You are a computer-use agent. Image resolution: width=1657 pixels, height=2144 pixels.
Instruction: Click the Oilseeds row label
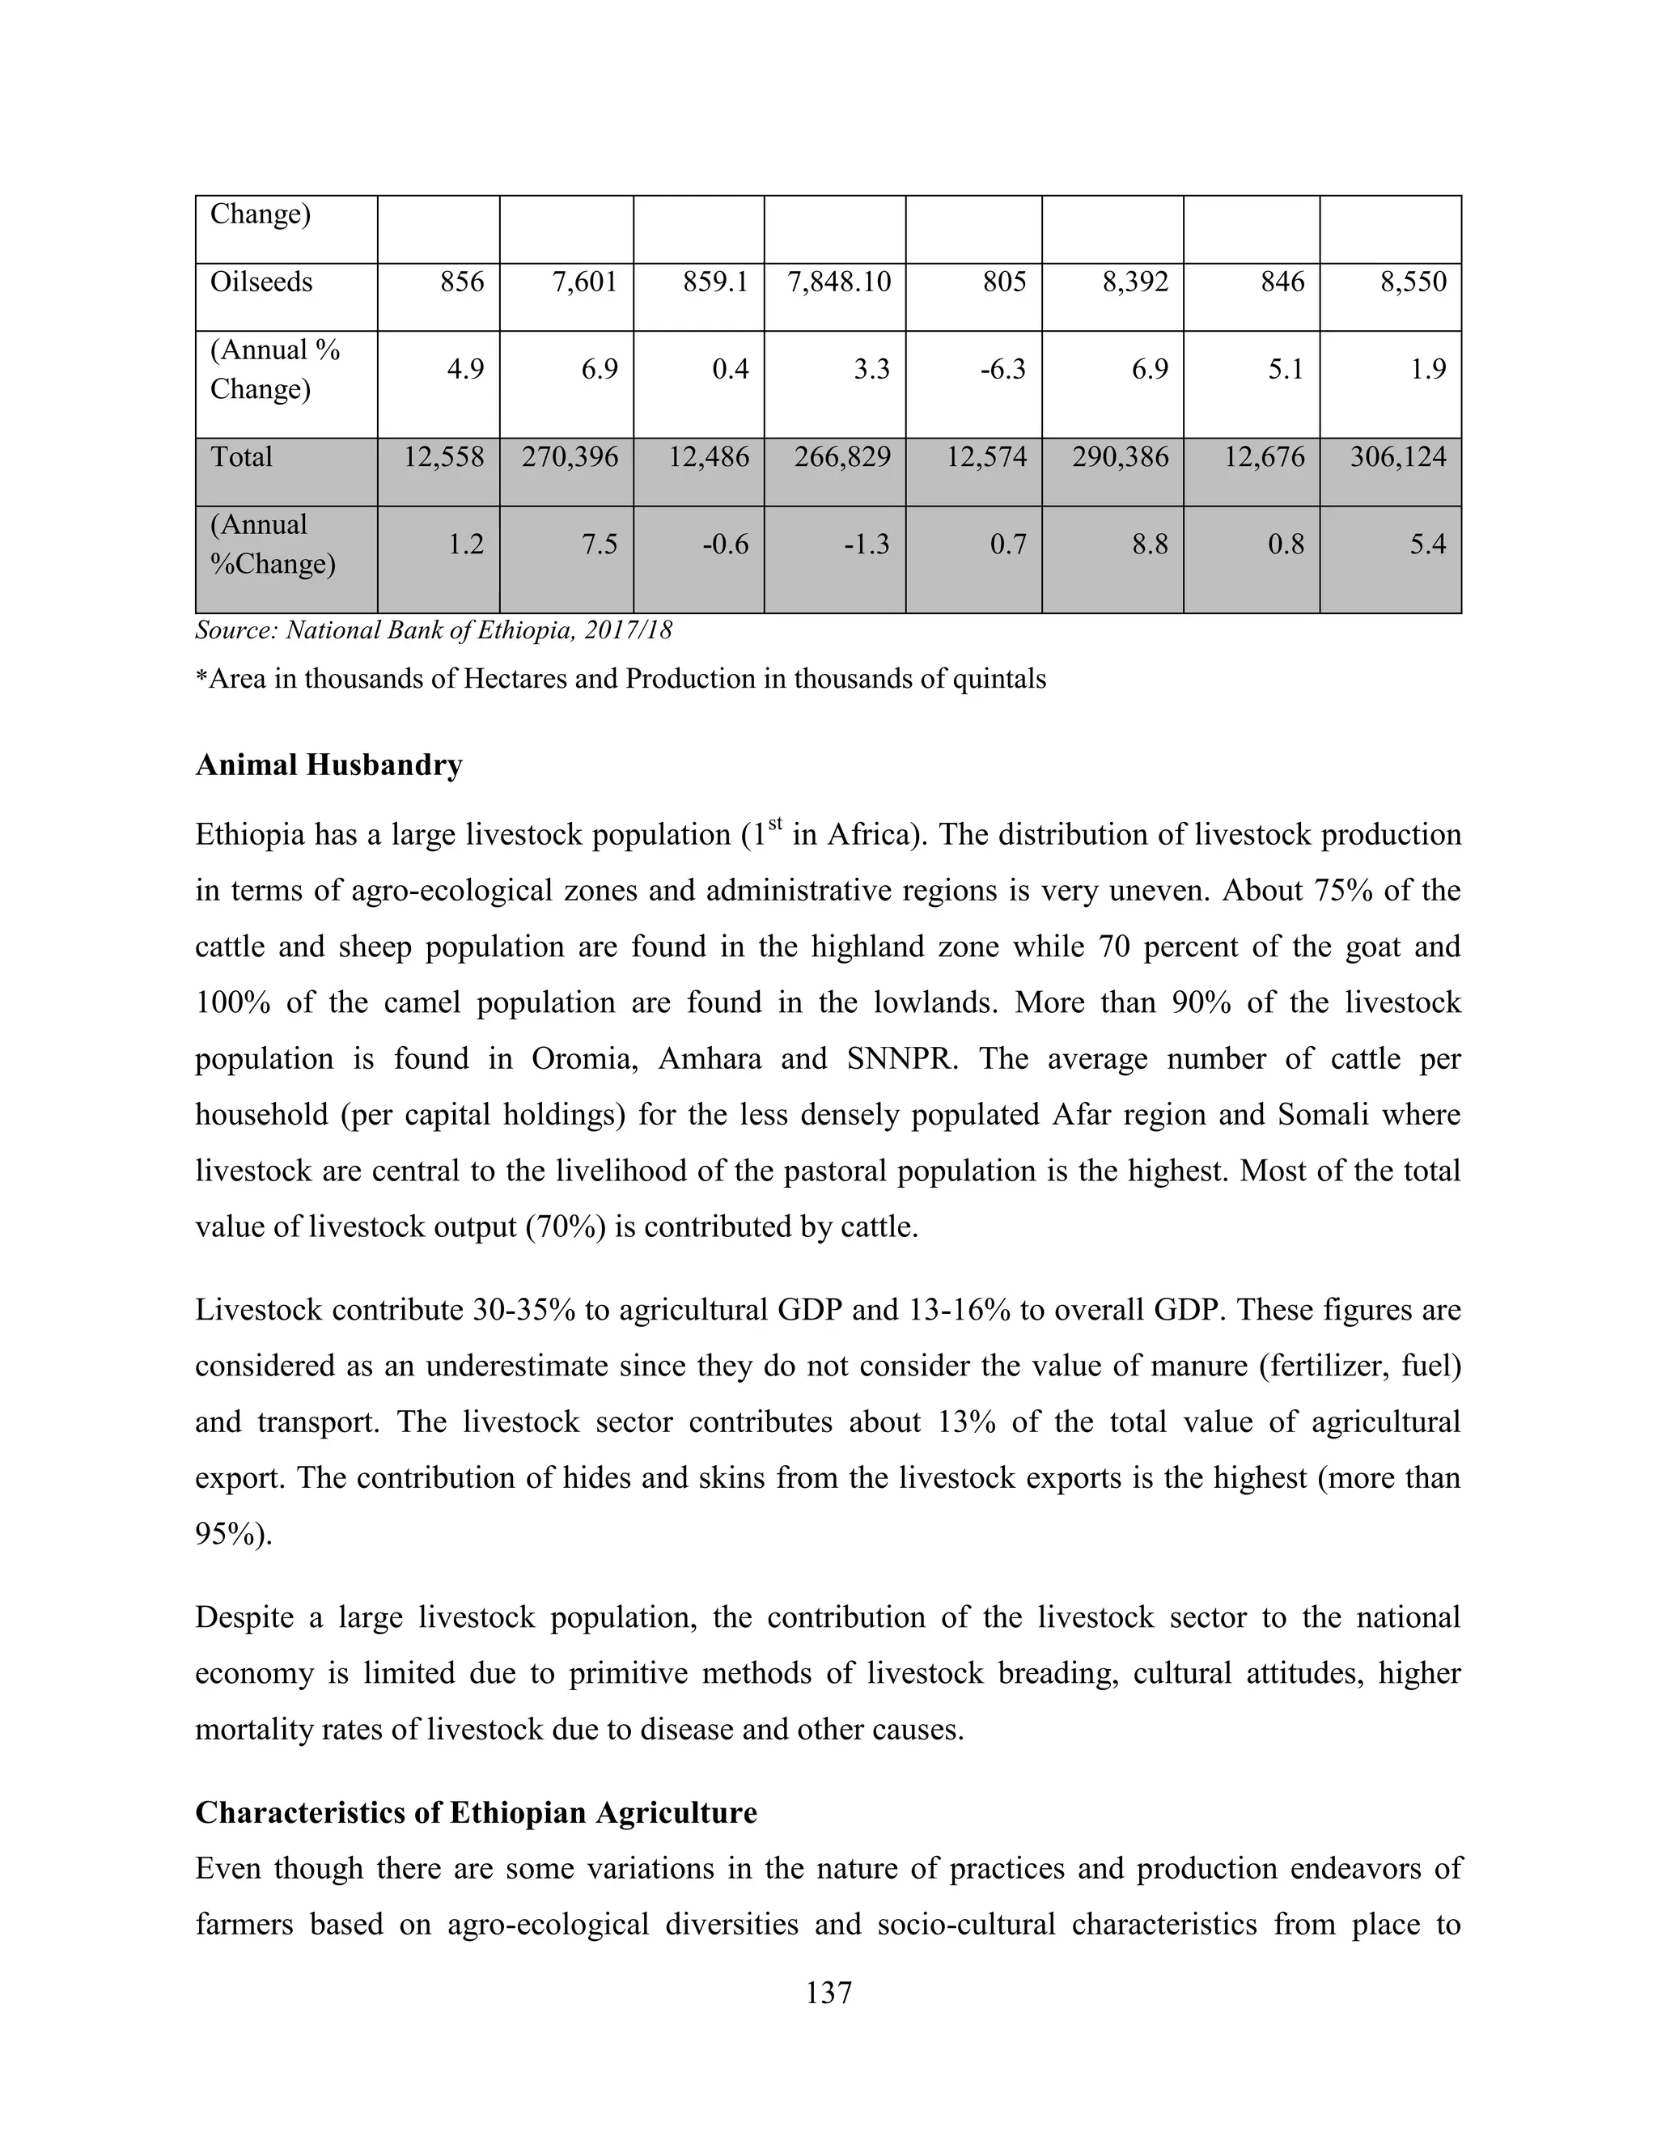pos(261,282)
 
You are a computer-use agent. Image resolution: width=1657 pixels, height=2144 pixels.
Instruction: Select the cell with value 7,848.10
pos(839,282)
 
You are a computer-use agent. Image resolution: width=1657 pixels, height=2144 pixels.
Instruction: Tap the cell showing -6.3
pos(1002,370)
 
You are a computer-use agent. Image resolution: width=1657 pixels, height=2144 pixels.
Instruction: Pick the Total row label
pos(241,457)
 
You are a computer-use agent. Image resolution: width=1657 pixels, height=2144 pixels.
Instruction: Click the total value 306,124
pos(1398,457)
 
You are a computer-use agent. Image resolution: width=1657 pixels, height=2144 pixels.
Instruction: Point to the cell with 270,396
pos(570,457)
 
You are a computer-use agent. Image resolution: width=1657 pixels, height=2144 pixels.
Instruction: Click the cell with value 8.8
pos(1150,544)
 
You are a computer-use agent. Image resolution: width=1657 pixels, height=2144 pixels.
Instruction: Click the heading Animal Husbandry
pos(328,765)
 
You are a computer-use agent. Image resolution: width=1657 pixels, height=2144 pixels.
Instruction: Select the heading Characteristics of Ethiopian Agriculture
pos(476,1813)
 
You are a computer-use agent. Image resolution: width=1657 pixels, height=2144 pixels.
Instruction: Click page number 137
pos(828,1994)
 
